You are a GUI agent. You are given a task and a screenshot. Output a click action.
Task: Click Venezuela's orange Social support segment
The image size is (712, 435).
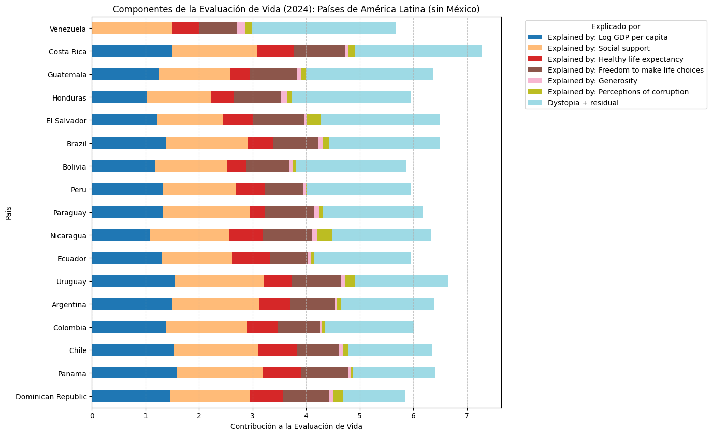(132, 28)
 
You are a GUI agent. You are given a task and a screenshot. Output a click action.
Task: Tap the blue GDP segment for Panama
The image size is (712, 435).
(134, 373)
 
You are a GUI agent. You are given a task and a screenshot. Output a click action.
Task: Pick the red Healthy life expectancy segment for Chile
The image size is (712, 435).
(278, 350)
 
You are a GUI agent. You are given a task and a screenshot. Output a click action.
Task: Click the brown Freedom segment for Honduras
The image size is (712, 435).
(257, 97)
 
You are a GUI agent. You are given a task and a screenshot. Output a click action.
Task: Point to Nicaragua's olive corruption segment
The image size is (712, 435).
(325, 235)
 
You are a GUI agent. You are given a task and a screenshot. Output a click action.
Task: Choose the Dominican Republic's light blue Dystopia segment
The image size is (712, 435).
(374, 396)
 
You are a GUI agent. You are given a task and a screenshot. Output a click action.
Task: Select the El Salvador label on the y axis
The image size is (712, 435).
(66, 120)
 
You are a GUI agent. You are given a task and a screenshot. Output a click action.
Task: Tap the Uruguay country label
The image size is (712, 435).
(71, 281)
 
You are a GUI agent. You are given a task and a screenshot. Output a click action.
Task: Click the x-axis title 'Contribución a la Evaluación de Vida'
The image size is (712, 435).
(296, 426)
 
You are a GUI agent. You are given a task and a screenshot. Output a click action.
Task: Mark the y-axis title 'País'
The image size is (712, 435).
(9, 213)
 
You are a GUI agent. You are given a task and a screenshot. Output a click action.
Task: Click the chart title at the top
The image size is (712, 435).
(296, 9)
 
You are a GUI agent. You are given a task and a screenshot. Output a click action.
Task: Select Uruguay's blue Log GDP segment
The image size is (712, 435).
(133, 281)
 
